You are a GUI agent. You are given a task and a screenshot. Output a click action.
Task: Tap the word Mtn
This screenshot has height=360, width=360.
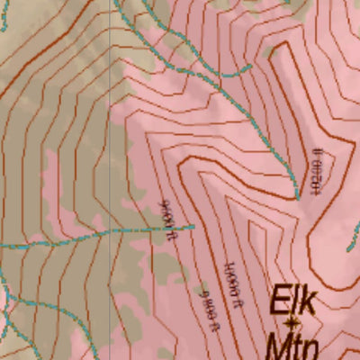pos(291,346)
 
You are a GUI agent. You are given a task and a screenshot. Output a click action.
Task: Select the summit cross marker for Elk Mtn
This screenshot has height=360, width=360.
pos(291,321)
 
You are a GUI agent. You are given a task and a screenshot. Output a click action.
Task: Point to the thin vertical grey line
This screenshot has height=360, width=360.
pos(110,180)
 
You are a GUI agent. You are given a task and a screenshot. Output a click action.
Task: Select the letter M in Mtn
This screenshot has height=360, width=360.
pos(275,346)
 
